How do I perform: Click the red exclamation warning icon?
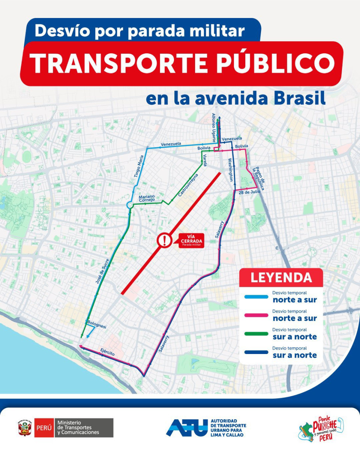click(x=164, y=240)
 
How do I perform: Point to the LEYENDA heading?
click(x=281, y=277)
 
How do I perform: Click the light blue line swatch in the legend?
click(x=256, y=297)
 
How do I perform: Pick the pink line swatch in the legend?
click(x=256, y=315)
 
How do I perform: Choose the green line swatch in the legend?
click(x=256, y=333)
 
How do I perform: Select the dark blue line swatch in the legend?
click(x=256, y=352)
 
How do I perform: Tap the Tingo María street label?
click(x=139, y=166)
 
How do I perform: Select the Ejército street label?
click(x=107, y=352)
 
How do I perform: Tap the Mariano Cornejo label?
click(x=147, y=198)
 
